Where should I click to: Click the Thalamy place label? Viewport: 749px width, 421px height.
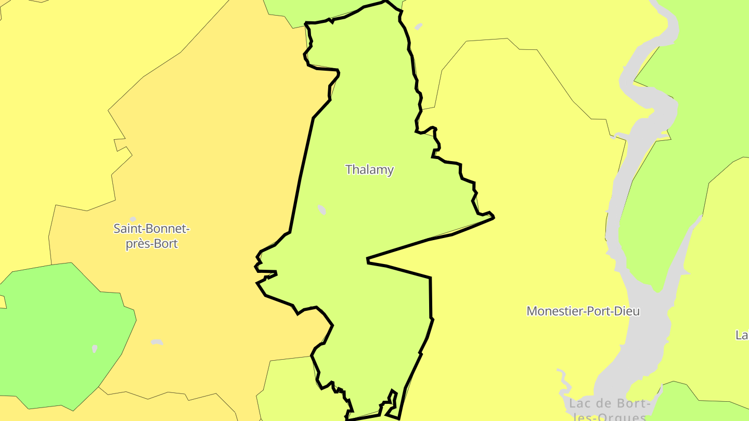click(x=369, y=169)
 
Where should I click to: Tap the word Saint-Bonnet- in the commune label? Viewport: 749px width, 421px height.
click(x=151, y=228)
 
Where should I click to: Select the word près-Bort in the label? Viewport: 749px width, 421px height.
click(x=151, y=243)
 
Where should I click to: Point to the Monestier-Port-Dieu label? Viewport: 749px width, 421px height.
click(x=583, y=311)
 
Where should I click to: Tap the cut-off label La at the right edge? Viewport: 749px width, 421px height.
click(x=742, y=335)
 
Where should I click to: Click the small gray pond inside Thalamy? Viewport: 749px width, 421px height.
click(x=322, y=210)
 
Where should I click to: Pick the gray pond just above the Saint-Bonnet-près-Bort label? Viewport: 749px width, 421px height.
click(x=133, y=219)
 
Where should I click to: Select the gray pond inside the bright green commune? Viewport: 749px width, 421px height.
click(x=95, y=349)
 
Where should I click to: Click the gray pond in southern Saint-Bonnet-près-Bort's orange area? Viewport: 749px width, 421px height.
click(x=157, y=342)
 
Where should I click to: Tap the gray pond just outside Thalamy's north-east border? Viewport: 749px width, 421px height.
click(x=418, y=27)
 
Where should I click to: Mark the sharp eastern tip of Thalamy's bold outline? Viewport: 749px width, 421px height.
click(x=493, y=217)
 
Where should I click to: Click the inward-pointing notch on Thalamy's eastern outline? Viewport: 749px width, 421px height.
click(x=368, y=259)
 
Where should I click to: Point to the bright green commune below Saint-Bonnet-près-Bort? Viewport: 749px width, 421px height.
click(x=62, y=333)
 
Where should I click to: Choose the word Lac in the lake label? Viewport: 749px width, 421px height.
click(x=579, y=404)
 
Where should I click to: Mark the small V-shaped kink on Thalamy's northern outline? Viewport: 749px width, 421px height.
click(x=331, y=21)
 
